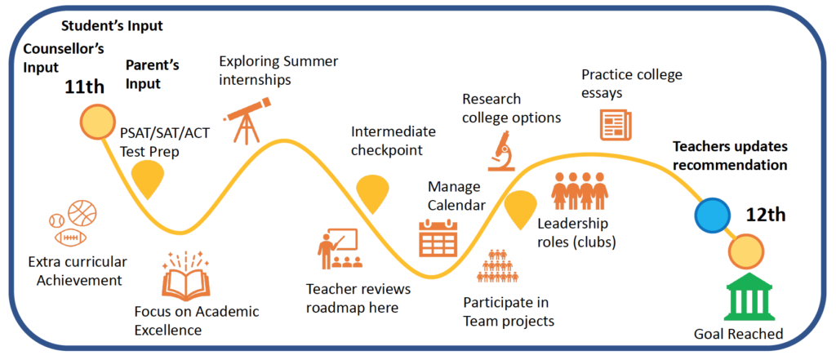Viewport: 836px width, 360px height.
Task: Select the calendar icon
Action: point(438,238)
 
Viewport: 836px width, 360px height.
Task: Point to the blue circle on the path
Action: point(712,215)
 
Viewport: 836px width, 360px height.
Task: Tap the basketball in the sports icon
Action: point(82,214)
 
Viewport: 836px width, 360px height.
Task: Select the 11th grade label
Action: point(85,87)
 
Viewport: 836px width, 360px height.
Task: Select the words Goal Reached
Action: point(738,335)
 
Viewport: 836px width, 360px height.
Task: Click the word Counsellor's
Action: point(64,48)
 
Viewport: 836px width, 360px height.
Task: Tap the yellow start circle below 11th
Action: point(98,121)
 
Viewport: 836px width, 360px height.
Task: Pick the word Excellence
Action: point(168,330)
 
